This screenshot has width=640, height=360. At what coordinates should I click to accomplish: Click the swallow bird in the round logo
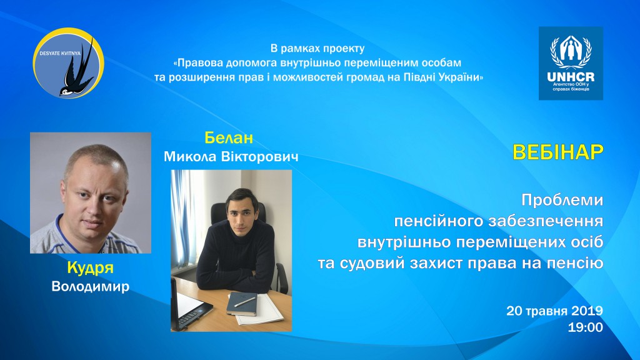tap(77, 71)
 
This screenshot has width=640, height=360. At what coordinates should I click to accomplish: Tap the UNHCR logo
tap(571, 63)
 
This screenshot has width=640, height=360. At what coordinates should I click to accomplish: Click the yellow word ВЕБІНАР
tap(558, 152)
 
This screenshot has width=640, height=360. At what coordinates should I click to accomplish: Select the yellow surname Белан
tap(229, 138)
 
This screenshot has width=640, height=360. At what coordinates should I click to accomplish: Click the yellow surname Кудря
tap(90, 267)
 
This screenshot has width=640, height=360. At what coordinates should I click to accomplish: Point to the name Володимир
tap(90, 286)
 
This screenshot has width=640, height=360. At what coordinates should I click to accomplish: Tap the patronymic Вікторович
tap(259, 156)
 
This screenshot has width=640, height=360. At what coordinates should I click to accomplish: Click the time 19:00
tap(585, 327)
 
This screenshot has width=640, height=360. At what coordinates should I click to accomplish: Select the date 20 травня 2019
tap(555, 311)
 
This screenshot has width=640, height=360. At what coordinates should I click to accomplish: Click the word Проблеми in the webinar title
tap(562, 200)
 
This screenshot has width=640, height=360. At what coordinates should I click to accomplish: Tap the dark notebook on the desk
tap(242, 303)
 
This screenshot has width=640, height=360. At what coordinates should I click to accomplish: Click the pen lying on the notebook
tap(245, 302)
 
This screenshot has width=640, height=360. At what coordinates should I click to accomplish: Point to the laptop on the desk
tap(189, 306)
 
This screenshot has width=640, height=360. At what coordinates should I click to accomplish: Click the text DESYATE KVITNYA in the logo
tap(60, 53)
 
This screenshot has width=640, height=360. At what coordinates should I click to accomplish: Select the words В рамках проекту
tap(317, 48)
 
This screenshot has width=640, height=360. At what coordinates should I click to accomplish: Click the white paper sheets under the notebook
tap(262, 310)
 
